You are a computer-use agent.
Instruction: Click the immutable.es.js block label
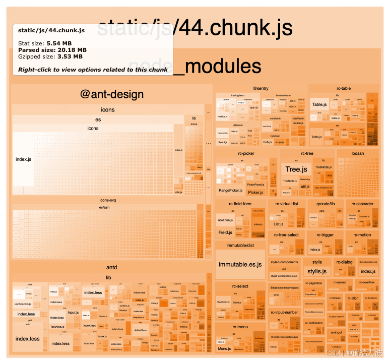point(240,264)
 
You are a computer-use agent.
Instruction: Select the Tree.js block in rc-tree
point(296,169)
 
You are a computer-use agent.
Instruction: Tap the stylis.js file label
point(317,271)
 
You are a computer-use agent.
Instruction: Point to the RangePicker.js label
point(230,191)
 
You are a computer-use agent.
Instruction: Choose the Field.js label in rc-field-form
point(225,232)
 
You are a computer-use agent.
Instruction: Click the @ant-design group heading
point(112,94)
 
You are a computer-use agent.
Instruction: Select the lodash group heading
point(358,153)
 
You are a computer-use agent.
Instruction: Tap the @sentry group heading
point(261,88)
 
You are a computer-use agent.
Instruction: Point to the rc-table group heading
point(344,88)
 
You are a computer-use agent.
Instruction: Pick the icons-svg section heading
point(108,200)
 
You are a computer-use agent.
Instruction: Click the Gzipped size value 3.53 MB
point(71,56)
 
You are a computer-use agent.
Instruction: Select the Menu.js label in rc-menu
point(224,348)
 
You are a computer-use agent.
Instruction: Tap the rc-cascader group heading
point(362,204)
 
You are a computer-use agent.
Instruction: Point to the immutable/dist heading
point(240,246)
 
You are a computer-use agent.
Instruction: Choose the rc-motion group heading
point(362,235)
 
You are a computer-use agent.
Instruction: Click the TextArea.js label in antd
point(56,327)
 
